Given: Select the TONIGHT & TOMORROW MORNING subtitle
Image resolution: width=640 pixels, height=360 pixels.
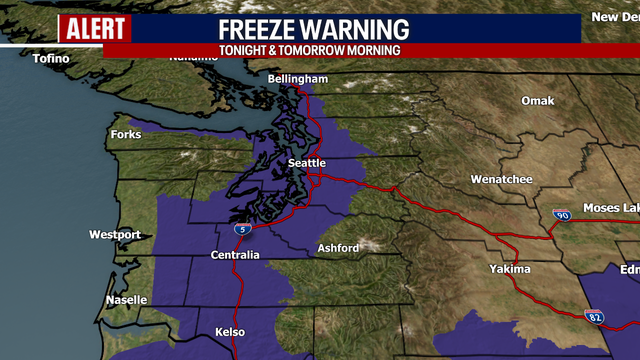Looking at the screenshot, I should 309,50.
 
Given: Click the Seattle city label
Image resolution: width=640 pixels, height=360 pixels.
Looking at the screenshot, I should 306,163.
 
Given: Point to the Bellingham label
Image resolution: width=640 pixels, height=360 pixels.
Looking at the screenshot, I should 298,79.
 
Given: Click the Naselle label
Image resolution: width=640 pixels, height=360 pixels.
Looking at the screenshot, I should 127,299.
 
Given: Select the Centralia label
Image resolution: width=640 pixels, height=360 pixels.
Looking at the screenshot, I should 235,255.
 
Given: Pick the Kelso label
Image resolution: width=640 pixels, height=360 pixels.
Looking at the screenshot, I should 230,331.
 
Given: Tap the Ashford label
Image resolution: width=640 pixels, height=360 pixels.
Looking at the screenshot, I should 336,248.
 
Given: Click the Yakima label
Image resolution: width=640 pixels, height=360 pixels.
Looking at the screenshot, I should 510,270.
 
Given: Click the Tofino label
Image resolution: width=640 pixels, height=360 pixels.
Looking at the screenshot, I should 51,59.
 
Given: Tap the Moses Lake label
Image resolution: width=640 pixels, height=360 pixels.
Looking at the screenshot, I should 611,207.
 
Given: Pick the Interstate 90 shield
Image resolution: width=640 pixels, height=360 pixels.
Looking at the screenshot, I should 560,215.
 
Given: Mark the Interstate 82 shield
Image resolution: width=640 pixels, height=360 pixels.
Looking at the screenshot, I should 594,316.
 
